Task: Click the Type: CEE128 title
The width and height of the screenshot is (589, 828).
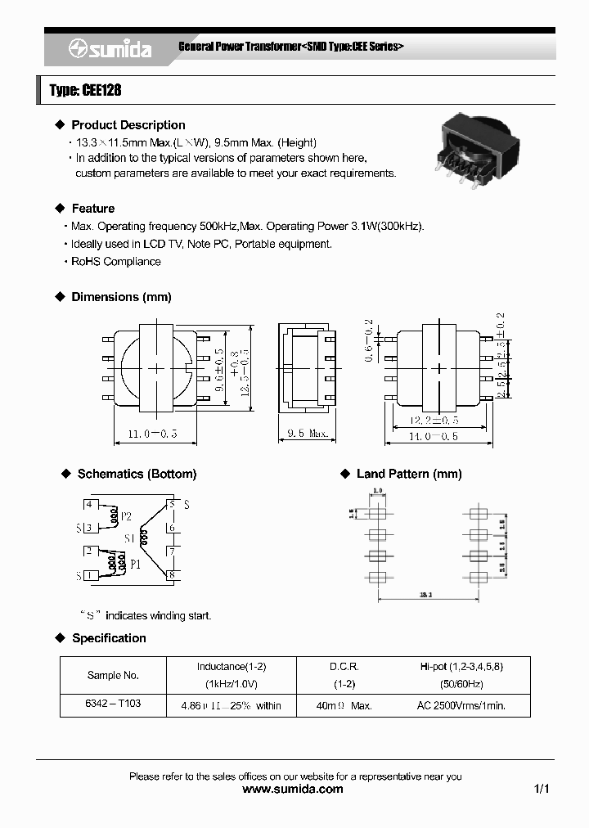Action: (x=85, y=91)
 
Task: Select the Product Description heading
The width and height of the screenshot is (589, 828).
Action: (x=128, y=125)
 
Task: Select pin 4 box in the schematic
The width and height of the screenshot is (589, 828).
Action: (x=90, y=505)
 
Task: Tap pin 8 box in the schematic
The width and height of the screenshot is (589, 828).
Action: (x=171, y=575)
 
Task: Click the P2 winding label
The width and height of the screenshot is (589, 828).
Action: (x=126, y=517)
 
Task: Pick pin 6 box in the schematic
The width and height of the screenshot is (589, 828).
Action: (x=171, y=529)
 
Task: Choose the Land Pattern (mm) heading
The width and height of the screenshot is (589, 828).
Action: (x=409, y=474)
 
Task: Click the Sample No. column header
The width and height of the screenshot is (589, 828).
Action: (x=113, y=676)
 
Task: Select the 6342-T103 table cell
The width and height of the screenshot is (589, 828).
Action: (x=113, y=705)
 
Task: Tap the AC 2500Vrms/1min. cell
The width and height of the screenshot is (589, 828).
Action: (x=461, y=705)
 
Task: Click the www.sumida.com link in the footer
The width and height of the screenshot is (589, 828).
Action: (x=294, y=790)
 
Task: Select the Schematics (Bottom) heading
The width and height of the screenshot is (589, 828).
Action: (x=137, y=474)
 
